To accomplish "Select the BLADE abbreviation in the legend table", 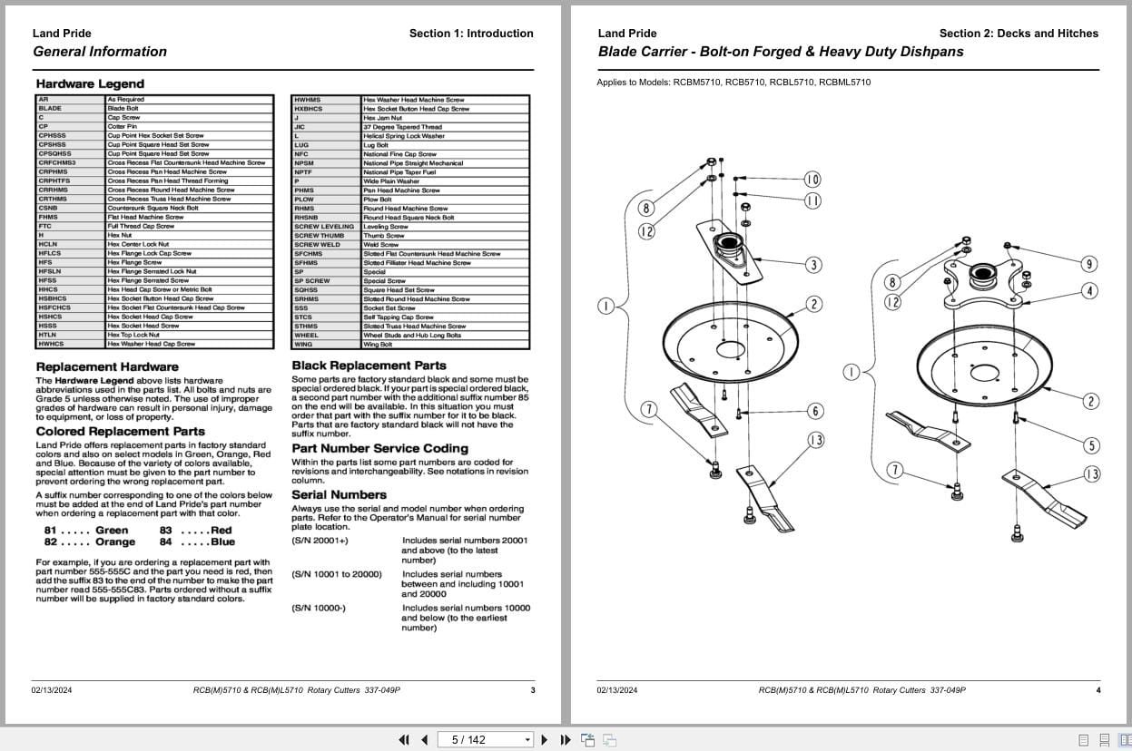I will [x=50, y=109].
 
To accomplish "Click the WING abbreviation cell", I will [x=303, y=345].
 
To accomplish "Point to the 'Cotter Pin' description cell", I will [x=123, y=127].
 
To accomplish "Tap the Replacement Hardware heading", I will [x=107, y=366].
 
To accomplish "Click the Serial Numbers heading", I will [x=339, y=494].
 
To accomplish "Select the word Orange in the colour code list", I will [x=115, y=542].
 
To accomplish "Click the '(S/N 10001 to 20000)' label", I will [x=337, y=574].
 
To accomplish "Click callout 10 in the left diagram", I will [x=812, y=180].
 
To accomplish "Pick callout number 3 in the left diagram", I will [x=813, y=265].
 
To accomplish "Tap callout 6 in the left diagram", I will [x=815, y=411].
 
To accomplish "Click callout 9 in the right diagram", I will [x=1088, y=264].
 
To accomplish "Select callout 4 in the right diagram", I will [x=1089, y=291].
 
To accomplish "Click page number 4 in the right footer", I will [x=1098, y=690].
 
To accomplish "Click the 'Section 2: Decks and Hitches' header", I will [x=1018, y=34].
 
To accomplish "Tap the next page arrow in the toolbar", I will [x=545, y=739].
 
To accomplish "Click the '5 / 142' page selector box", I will [x=485, y=739].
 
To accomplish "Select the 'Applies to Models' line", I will [x=733, y=83].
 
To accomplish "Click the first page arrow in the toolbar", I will [x=404, y=739].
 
